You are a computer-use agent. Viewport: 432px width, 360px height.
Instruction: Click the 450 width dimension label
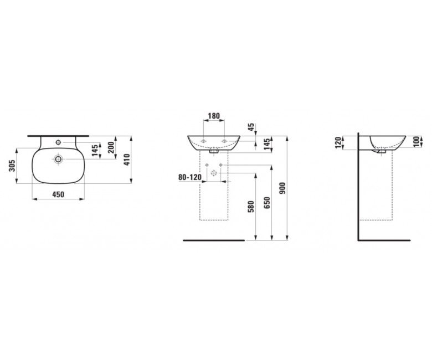click(x=58, y=194)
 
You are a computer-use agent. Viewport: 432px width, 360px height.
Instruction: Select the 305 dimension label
click(x=12, y=166)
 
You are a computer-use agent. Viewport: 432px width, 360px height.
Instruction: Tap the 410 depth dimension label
click(x=127, y=160)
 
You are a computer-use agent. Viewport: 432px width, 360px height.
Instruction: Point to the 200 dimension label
click(x=111, y=147)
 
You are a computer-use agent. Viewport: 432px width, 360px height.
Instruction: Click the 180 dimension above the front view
click(x=214, y=116)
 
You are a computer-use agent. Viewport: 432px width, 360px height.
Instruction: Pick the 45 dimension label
click(x=251, y=127)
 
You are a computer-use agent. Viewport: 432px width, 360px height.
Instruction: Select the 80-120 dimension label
click(x=190, y=177)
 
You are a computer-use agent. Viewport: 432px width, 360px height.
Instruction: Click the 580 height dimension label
click(x=251, y=207)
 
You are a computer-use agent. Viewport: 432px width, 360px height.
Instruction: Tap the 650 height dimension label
click(x=267, y=203)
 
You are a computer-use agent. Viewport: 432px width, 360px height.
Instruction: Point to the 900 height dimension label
click(x=282, y=188)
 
